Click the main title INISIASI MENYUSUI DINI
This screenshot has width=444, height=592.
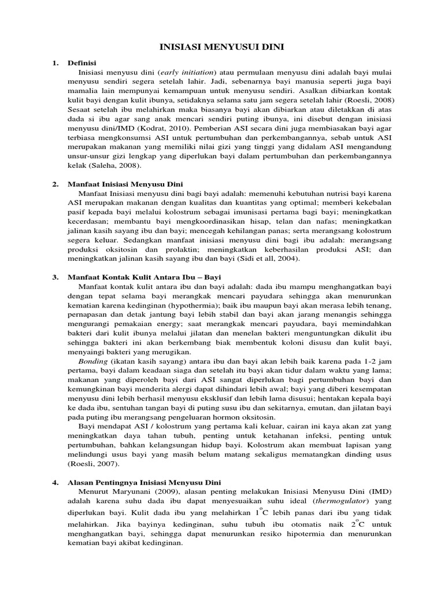tap(221, 47)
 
